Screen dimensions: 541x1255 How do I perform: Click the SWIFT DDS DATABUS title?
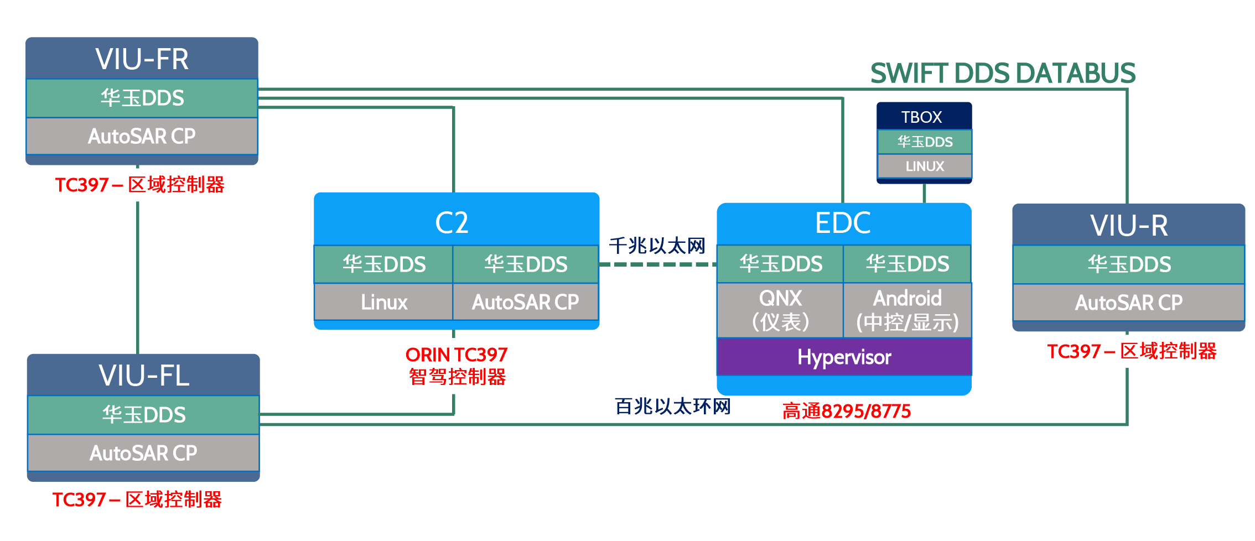(1003, 74)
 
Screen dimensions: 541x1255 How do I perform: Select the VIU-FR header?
(142, 59)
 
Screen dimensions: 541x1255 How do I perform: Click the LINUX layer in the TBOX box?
(925, 166)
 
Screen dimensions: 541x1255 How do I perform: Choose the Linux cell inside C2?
(383, 302)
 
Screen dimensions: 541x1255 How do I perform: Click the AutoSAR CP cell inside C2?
(525, 302)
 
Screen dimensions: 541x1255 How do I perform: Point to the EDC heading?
(843, 223)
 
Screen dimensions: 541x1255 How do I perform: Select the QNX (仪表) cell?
(780, 310)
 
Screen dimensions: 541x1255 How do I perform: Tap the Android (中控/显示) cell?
(907, 310)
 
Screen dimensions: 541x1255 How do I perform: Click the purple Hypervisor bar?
(844, 357)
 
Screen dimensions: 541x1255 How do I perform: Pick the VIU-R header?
(1128, 226)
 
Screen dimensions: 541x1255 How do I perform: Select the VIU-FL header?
(144, 376)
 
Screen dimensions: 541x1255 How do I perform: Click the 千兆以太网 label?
(657, 246)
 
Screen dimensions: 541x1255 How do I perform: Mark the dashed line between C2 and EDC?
(657, 264)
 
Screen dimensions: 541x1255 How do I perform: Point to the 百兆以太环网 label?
(672, 407)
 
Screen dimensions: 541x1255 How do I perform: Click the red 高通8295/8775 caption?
(846, 412)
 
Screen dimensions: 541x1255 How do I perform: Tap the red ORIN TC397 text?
(457, 355)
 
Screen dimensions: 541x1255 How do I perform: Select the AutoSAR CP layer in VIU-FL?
(143, 453)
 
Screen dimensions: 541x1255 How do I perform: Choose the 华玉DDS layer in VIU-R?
(1129, 264)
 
